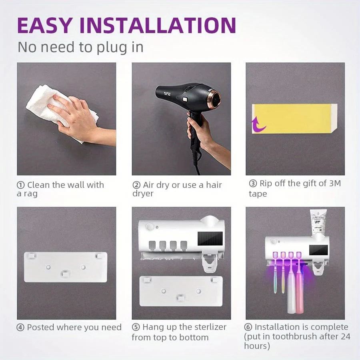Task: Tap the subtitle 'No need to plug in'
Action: (80, 47)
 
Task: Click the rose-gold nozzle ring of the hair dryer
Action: (216, 98)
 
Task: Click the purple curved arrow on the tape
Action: (258, 126)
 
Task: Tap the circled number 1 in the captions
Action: (20, 185)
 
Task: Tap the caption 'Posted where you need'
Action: (74, 327)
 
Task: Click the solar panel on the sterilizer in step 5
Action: (210, 239)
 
